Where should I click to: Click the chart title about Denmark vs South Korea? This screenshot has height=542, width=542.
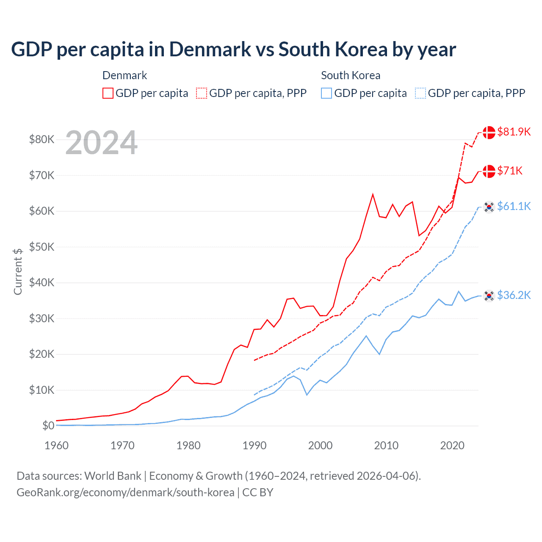233,50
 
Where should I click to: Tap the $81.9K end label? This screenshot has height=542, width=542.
514,132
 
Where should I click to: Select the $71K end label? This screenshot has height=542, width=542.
510,171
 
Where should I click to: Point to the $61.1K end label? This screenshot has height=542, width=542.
514,206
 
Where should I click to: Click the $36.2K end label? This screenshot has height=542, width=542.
514,295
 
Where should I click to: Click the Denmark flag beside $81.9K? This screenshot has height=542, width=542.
489,132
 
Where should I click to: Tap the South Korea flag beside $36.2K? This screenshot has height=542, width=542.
489,296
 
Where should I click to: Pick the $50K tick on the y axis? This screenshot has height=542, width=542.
41,247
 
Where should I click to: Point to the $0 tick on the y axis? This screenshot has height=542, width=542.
48,426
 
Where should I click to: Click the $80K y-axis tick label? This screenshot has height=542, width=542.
41,139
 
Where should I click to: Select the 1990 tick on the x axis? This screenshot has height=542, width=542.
254,445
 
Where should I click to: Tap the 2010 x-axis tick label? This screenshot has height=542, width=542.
386,445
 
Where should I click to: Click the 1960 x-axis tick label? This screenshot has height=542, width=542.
56,445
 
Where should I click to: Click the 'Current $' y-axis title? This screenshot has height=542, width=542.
18,271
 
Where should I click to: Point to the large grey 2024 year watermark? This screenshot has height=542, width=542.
101,143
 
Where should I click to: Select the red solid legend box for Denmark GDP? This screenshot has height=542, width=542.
108,93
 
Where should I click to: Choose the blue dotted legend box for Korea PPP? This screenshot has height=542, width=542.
420,93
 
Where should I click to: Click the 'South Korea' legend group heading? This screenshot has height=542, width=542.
351,75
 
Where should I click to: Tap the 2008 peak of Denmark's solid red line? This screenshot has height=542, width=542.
373,194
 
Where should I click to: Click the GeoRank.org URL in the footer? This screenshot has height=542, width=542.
125,492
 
